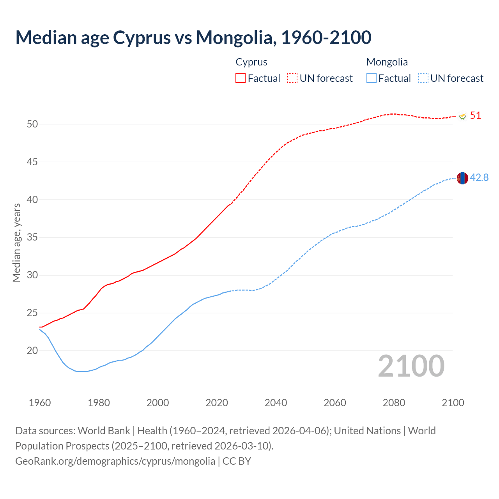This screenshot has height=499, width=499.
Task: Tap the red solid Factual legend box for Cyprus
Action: [241, 78]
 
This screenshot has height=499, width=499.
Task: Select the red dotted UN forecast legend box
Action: [292, 78]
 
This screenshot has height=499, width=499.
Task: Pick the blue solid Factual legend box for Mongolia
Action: [372, 78]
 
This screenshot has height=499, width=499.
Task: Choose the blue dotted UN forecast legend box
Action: [423, 78]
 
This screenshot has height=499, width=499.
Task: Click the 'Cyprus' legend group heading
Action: [251, 62]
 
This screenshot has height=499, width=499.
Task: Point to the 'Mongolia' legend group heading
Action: [387, 62]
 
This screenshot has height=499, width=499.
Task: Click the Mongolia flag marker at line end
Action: [462, 178]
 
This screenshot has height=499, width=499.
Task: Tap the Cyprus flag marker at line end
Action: [463, 116]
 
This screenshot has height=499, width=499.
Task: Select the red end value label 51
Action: [475, 115]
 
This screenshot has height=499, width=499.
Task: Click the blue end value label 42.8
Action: [479, 177]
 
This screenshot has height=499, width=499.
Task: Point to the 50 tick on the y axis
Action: [32, 124]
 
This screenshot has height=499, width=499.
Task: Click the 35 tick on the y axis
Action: [32, 237]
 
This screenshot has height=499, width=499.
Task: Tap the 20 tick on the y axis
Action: [32, 350]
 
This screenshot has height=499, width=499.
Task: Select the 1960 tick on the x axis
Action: [40, 403]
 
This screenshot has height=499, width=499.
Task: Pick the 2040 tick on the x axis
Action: [276, 403]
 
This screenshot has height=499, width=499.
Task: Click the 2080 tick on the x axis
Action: [394, 403]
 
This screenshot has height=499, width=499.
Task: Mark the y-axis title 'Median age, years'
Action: [16, 242]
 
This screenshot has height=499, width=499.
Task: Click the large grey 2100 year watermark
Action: [411, 366]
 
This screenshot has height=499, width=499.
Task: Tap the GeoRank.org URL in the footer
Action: [115, 461]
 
